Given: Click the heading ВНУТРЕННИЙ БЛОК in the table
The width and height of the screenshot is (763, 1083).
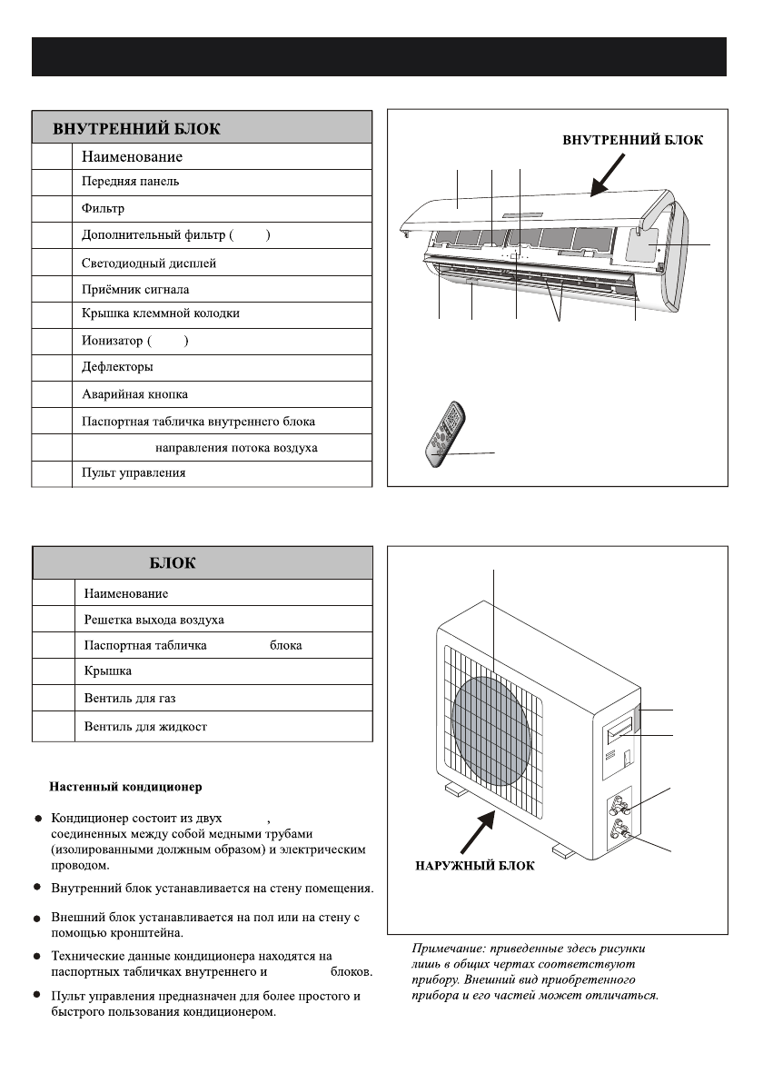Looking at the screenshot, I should (x=136, y=128).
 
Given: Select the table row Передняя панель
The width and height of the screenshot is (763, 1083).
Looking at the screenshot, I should (x=131, y=182).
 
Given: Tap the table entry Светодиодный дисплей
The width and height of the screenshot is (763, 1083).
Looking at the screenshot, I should (x=149, y=263).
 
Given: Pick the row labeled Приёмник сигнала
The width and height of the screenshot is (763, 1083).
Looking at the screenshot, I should (x=135, y=290).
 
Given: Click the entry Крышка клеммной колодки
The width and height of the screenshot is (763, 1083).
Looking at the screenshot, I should (x=161, y=313).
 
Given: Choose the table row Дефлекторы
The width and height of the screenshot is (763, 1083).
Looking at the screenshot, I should (x=117, y=367).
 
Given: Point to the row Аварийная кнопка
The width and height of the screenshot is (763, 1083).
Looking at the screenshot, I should (x=135, y=395).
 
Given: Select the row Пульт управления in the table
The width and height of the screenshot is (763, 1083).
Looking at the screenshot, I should (x=134, y=474).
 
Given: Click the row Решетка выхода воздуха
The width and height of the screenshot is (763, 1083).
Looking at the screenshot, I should (x=154, y=620).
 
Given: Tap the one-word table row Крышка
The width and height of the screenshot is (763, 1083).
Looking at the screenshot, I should (x=108, y=671).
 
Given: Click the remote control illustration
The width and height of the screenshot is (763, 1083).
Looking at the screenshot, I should (x=445, y=439).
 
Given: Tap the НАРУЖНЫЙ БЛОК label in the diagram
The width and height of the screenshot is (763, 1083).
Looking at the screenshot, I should (x=474, y=866).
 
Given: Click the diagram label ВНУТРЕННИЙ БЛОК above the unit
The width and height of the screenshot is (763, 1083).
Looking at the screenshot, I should (x=632, y=140).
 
